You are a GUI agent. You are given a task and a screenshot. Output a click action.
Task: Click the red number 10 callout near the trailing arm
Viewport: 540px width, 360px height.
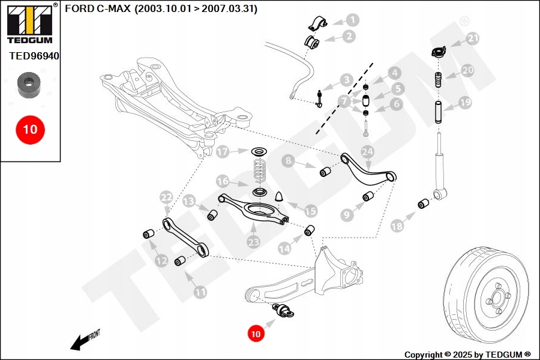[x=256, y=332]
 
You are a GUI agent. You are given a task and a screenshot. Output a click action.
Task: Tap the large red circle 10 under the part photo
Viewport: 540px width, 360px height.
[x=30, y=129]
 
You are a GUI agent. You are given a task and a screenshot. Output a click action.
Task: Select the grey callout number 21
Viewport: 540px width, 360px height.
[x=473, y=39]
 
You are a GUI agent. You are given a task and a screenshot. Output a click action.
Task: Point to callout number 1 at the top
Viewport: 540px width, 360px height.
[x=352, y=20]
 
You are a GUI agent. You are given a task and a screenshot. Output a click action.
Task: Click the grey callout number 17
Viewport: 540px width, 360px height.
[x=223, y=152]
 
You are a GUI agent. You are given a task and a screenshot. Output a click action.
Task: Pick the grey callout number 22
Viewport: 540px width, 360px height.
[x=166, y=197]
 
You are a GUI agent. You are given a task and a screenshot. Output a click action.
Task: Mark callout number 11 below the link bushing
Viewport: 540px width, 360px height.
[x=200, y=292]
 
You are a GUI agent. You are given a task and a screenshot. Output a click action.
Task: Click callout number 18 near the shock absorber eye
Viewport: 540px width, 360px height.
[x=397, y=226]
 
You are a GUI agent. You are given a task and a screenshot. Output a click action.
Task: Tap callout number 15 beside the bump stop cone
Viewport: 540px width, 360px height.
[x=310, y=211]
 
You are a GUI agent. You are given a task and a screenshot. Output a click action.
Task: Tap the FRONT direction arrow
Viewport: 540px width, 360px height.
[x=84, y=340]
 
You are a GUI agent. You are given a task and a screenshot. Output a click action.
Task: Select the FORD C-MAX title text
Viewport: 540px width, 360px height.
[x=161, y=9]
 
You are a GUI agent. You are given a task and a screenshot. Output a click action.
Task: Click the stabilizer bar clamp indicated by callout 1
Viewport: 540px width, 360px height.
[x=316, y=24]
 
